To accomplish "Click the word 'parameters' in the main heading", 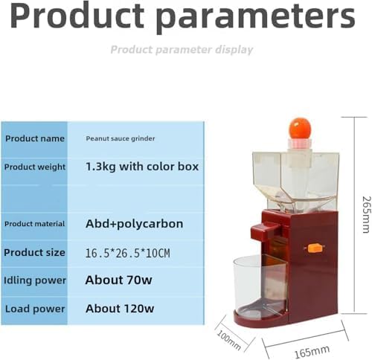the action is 256,18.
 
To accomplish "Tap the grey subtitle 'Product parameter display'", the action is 182,50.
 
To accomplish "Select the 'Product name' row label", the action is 35,138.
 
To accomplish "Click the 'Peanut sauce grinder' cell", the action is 121,138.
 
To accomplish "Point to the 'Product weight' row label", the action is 35,167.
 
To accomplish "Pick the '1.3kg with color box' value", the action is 142,167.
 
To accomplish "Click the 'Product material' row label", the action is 34,224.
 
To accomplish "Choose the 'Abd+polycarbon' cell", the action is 134,224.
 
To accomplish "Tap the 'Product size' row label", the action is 34,252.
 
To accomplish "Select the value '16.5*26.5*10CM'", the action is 127,253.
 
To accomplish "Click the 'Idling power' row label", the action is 35,280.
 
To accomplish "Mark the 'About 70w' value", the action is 118,280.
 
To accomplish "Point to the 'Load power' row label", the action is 35,309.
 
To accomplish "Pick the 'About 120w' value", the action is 120,309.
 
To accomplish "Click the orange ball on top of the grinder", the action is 300,129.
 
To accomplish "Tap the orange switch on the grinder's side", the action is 314,248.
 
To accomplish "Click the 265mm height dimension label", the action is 367,215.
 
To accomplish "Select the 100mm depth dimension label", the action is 228,340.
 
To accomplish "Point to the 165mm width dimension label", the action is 312,351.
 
